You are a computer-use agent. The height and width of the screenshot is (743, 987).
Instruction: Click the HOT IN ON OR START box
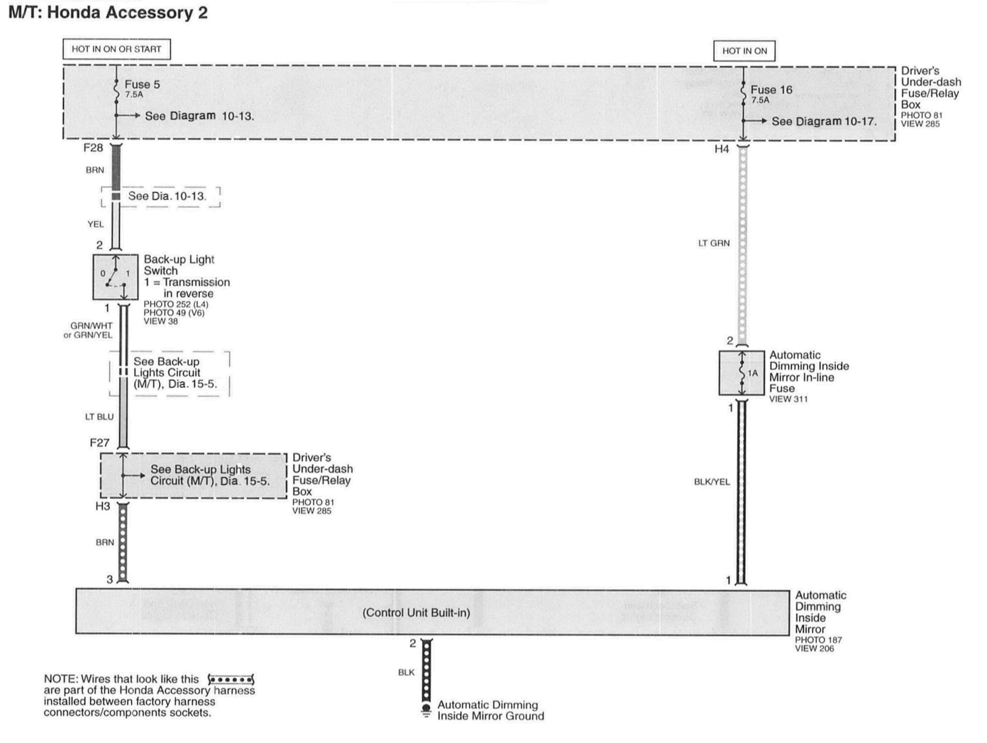[x=116, y=49]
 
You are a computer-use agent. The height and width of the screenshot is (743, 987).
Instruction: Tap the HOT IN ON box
[x=744, y=51]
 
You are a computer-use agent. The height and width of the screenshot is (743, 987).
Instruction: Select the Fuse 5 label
[x=142, y=84]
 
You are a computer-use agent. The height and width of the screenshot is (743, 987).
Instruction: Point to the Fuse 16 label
[x=771, y=90]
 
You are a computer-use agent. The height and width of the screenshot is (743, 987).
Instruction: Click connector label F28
[x=93, y=148]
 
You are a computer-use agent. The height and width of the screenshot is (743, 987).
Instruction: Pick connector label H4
[x=722, y=149]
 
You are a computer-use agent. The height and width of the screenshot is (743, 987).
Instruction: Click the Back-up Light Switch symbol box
[x=115, y=277]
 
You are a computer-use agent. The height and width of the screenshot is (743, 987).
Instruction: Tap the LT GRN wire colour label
[x=714, y=243]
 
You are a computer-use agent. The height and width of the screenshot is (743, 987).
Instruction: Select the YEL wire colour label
[x=96, y=224]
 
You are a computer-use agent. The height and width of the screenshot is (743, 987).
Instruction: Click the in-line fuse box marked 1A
[x=741, y=373]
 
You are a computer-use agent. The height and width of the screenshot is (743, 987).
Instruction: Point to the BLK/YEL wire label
[x=712, y=482]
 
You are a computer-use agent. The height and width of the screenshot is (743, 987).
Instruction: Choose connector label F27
[x=100, y=442]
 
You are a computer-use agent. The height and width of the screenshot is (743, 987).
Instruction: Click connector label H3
[x=103, y=506]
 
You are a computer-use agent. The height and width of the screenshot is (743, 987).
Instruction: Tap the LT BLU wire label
[x=100, y=417]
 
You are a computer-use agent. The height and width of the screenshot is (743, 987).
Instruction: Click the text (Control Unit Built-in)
[x=416, y=613]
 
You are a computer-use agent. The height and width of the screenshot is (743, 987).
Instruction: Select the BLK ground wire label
[x=406, y=672]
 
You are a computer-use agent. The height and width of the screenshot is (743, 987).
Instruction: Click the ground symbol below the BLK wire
[x=426, y=711]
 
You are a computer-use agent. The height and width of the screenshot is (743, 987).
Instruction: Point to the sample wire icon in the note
[x=231, y=680]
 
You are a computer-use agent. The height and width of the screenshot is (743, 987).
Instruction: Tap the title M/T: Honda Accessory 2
[x=108, y=13]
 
